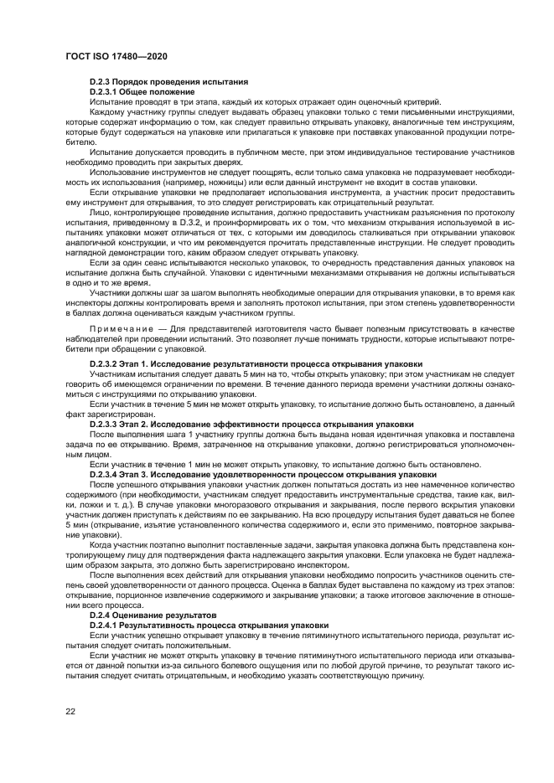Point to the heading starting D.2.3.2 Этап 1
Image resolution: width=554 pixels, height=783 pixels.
249,365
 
